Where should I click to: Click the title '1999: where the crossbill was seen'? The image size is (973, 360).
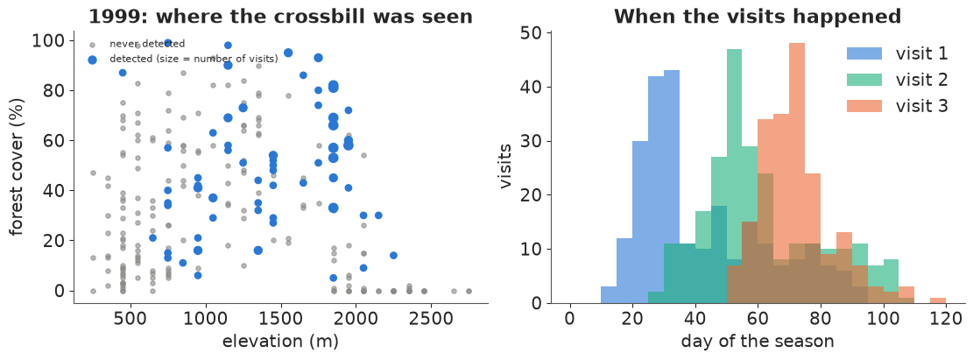coord(280,16)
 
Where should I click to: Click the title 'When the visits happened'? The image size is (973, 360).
coord(757,16)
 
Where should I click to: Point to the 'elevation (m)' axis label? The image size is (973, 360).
coord(280,341)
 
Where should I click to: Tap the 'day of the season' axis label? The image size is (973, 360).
coord(757,341)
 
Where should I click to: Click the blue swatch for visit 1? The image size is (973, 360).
coord(864,53)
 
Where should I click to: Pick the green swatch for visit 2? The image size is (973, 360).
coord(864,80)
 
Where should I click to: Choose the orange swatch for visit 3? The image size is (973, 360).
coord(864,107)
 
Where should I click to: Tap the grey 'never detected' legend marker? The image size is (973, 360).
coord(93,45)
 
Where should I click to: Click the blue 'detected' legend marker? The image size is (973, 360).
coord(93,60)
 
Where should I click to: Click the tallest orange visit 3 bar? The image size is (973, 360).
coord(797,173)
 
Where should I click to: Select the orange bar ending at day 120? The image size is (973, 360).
coord(938,300)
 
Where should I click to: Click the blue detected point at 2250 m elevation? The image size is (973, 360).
coord(393,255)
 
